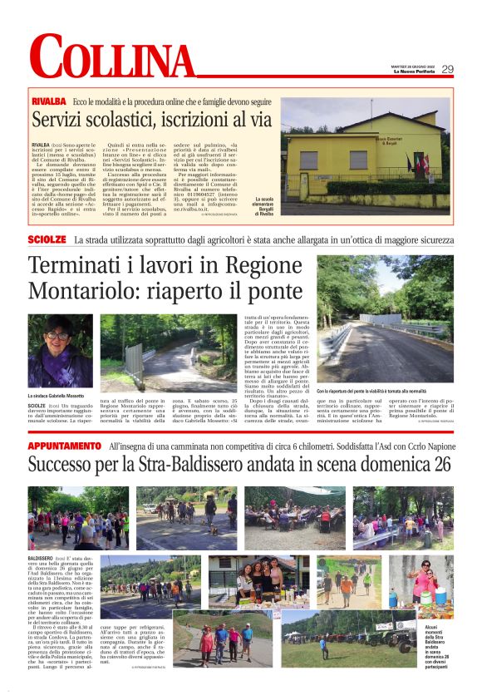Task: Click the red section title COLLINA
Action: [x=112, y=58]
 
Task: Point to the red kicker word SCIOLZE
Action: [x=47, y=239]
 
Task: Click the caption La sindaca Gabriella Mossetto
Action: [x=61, y=395]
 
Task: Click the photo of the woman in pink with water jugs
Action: [x=423, y=585]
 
